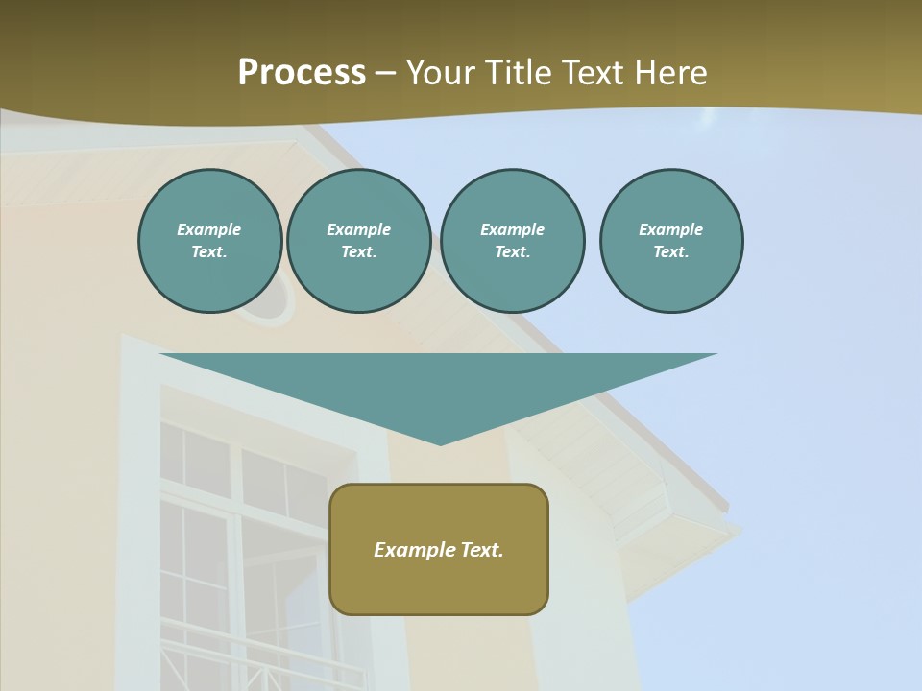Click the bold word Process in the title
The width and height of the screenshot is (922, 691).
[x=302, y=73]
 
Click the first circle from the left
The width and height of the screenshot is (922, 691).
[x=209, y=240]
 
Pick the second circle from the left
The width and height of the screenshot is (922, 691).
[x=358, y=240]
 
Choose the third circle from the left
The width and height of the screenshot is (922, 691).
[x=512, y=240]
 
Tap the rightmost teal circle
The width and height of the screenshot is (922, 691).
[x=670, y=240]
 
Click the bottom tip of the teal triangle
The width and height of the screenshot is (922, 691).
[x=440, y=443]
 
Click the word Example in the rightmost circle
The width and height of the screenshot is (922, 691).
[x=670, y=229]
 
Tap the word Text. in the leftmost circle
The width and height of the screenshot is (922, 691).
[x=209, y=252]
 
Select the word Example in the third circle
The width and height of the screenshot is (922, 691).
[x=512, y=229]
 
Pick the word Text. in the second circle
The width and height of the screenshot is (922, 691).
[x=358, y=252]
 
